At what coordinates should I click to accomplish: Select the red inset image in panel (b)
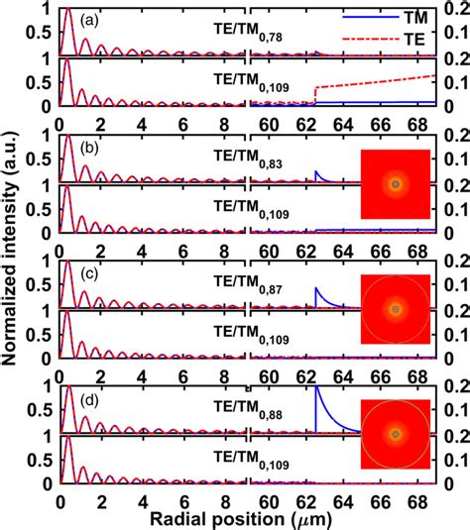[x=395, y=184]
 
